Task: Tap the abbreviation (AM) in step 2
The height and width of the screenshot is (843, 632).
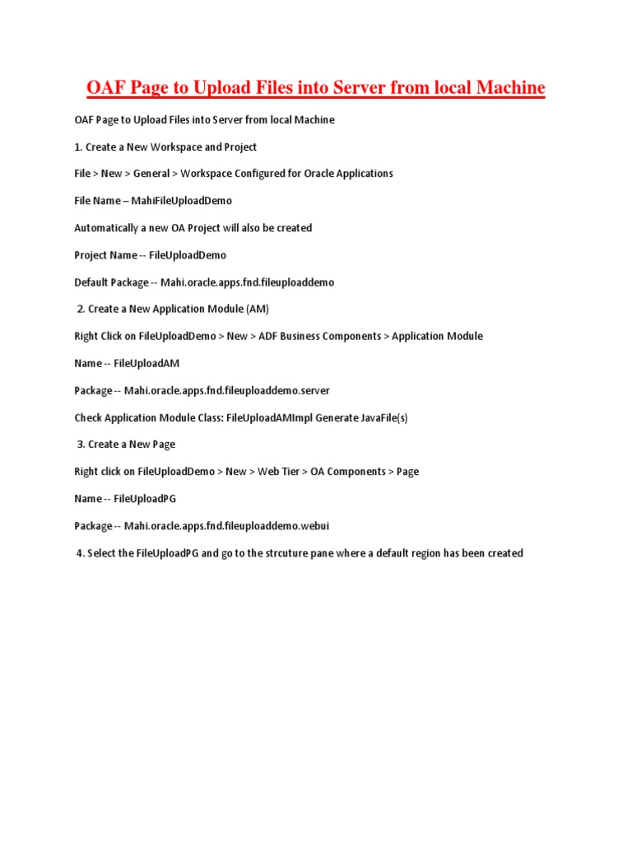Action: coord(257,310)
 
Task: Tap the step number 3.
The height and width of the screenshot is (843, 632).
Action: coord(81,445)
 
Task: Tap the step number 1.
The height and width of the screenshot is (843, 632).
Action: coord(77,147)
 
